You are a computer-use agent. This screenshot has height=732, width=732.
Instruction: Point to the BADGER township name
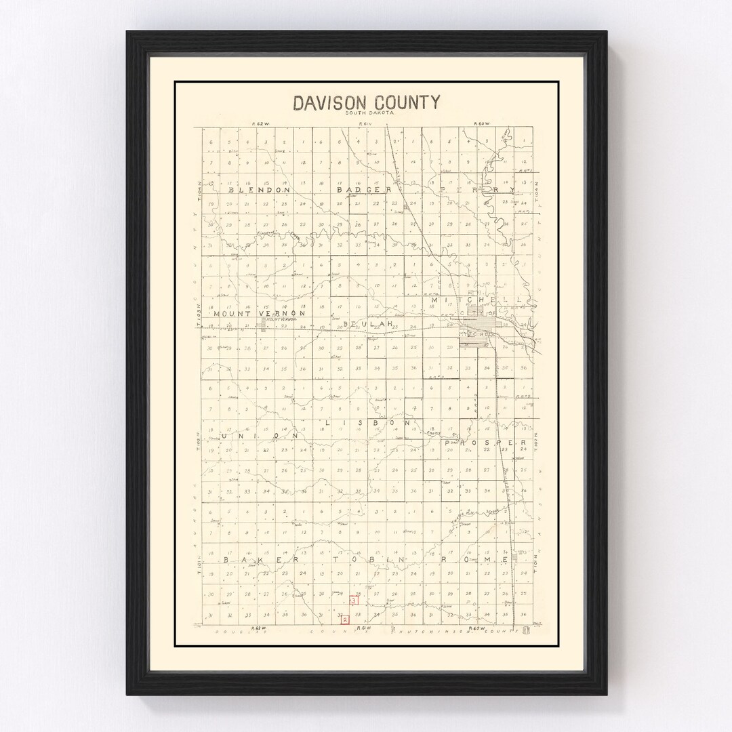(x=365, y=190)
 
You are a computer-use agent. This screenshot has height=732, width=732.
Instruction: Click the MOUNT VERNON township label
(x=260, y=314)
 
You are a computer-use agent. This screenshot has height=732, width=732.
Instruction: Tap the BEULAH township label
(x=369, y=325)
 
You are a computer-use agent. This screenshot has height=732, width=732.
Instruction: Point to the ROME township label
(x=483, y=561)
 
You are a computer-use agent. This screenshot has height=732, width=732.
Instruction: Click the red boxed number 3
(x=354, y=600)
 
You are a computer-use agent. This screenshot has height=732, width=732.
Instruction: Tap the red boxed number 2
(x=345, y=618)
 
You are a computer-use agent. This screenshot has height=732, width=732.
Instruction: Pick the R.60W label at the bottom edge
(x=479, y=628)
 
